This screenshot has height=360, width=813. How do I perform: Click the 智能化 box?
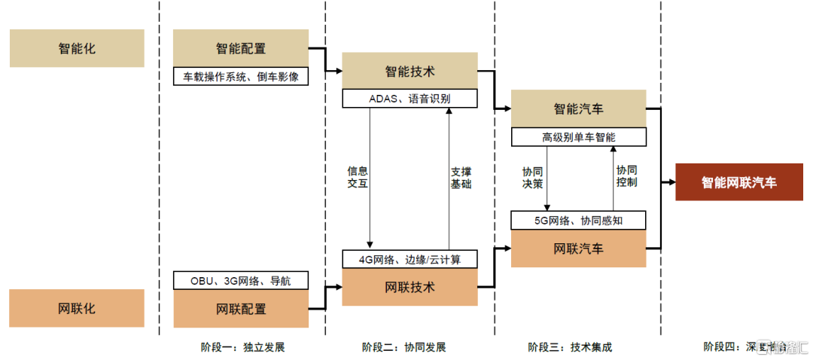(x=77, y=49)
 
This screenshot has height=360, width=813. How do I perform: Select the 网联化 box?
(x=77, y=309)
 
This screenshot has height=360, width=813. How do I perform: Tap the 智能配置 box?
(x=241, y=49)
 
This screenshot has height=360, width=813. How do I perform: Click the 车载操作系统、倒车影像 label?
(x=241, y=76)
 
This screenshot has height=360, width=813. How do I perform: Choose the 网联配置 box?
(x=241, y=309)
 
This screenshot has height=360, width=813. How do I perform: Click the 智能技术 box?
(x=410, y=72)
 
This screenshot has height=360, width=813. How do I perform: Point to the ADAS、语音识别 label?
(x=410, y=99)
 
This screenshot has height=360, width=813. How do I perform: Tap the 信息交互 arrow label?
(x=358, y=177)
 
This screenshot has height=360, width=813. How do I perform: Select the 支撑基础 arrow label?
(x=461, y=177)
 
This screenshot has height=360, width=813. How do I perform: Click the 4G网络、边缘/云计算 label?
(x=410, y=260)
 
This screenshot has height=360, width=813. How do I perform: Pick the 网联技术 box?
(x=410, y=287)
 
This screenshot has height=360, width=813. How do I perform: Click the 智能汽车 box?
(x=578, y=109)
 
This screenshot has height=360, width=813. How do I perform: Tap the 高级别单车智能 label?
(x=578, y=137)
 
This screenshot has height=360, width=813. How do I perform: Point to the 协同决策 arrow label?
(x=533, y=177)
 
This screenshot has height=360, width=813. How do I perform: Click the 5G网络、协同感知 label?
(x=578, y=220)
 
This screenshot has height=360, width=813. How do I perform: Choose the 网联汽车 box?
(x=578, y=248)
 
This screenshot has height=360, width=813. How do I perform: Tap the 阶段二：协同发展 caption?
(x=403, y=347)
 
